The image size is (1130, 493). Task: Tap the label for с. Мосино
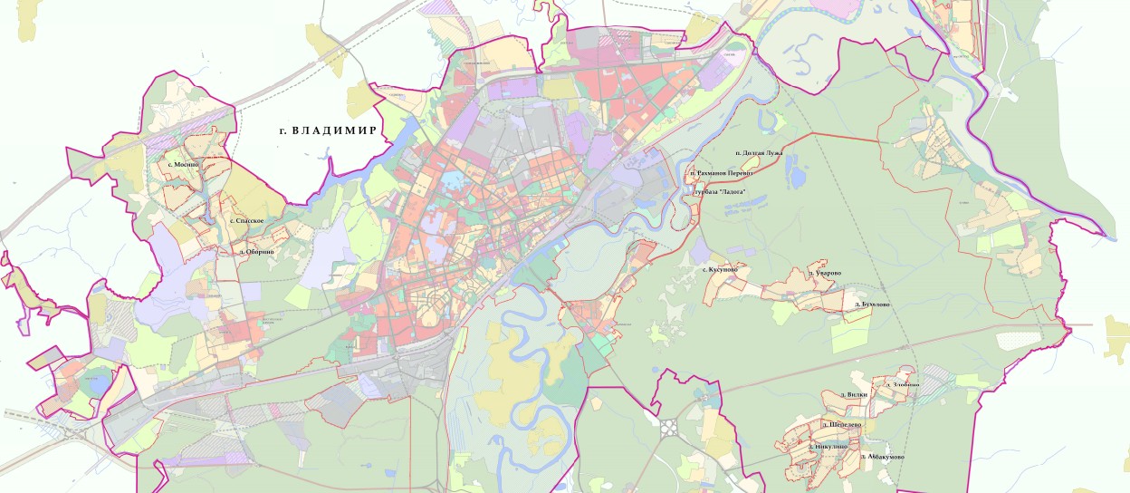[183, 165]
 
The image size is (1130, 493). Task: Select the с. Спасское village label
[245, 220]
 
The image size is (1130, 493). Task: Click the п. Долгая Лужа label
[759, 153]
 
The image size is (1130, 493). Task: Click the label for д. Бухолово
[872, 304]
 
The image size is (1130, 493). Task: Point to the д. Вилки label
[854, 395]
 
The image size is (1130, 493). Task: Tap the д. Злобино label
[906, 385]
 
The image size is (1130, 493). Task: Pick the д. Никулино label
[828, 447]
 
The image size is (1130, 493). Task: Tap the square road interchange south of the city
[671, 426]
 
